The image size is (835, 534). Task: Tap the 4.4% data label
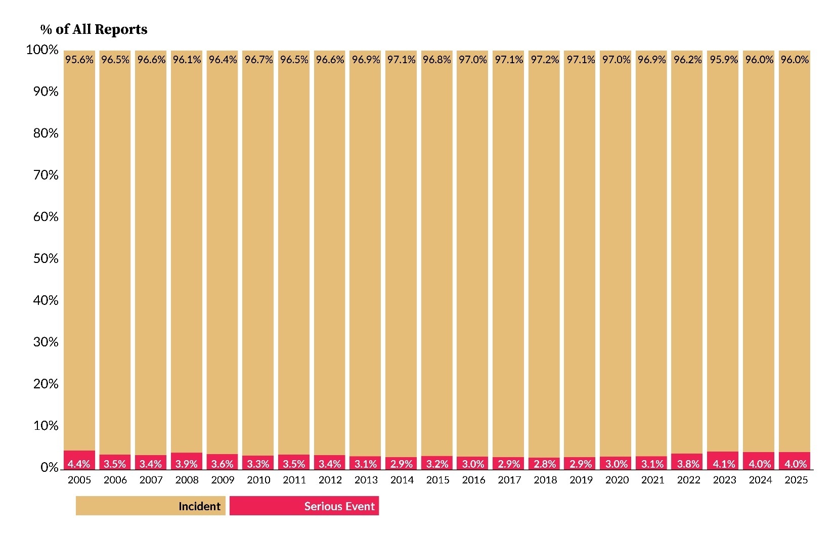(x=79, y=464)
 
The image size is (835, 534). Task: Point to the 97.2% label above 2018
(x=545, y=60)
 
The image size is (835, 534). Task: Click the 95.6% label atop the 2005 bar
(x=79, y=60)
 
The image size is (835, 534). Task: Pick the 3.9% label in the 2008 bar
(x=187, y=464)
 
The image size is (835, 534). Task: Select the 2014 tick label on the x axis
(x=402, y=480)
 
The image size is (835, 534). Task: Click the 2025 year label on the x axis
(x=796, y=480)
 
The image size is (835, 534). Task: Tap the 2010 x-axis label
(x=258, y=480)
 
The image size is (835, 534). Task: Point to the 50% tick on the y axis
(x=46, y=258)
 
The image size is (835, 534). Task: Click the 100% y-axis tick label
(x=43, y=50)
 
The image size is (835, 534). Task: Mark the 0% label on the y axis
(x=50, y=468)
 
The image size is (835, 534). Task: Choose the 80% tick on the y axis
(x=46, y=133)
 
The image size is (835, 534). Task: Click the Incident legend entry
(x=151, y=506)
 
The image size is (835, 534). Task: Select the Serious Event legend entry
(x=304, y=506)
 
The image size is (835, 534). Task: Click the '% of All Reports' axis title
(x=94, y=29)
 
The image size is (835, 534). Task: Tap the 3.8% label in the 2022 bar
(x=688, y=464)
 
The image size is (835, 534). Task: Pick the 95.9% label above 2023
(x=724, y=60)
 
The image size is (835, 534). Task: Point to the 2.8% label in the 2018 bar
(x=545, y=464)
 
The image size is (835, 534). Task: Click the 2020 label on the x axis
(x=617, y=480)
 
